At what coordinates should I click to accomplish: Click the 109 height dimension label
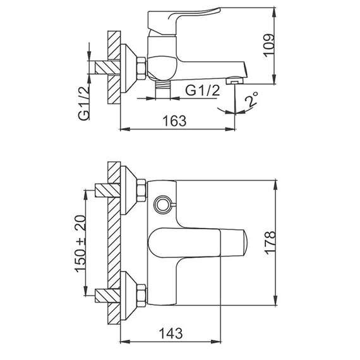point(269,45)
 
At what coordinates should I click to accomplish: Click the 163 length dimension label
point(174,121)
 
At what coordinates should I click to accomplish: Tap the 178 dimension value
point(270,243)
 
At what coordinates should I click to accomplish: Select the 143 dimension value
point(171,333)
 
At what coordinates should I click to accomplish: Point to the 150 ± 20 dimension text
point(80,244)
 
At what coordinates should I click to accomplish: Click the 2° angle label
point(251,99)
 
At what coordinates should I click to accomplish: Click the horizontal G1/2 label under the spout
point(203,90)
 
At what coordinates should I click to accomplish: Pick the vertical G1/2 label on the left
point(83,104)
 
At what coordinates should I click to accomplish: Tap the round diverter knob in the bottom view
point(163,203)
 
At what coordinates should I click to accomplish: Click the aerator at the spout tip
point(235,81)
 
